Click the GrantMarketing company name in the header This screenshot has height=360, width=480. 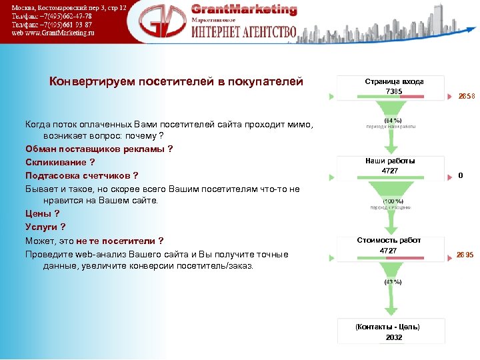point(244,9)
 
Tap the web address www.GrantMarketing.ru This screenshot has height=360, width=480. point(53,32)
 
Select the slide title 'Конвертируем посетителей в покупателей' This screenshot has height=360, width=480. point(176,81)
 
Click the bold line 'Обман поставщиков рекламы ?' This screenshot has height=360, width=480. point(99,149)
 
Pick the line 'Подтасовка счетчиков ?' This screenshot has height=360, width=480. point(81,175)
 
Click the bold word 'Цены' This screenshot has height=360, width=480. point(39,213)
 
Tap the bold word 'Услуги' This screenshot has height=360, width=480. point(41,227)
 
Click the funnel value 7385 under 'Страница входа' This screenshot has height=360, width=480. point(393,91)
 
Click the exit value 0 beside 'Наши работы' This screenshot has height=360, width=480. point(461,176)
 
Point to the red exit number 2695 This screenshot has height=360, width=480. point(465,255)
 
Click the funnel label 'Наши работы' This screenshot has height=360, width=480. point(389,161)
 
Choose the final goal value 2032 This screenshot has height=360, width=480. point(393,337)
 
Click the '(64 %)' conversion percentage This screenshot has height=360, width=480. point(392,120)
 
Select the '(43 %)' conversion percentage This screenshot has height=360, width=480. point(392,282)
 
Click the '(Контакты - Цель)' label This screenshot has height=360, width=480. point(387,327)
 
